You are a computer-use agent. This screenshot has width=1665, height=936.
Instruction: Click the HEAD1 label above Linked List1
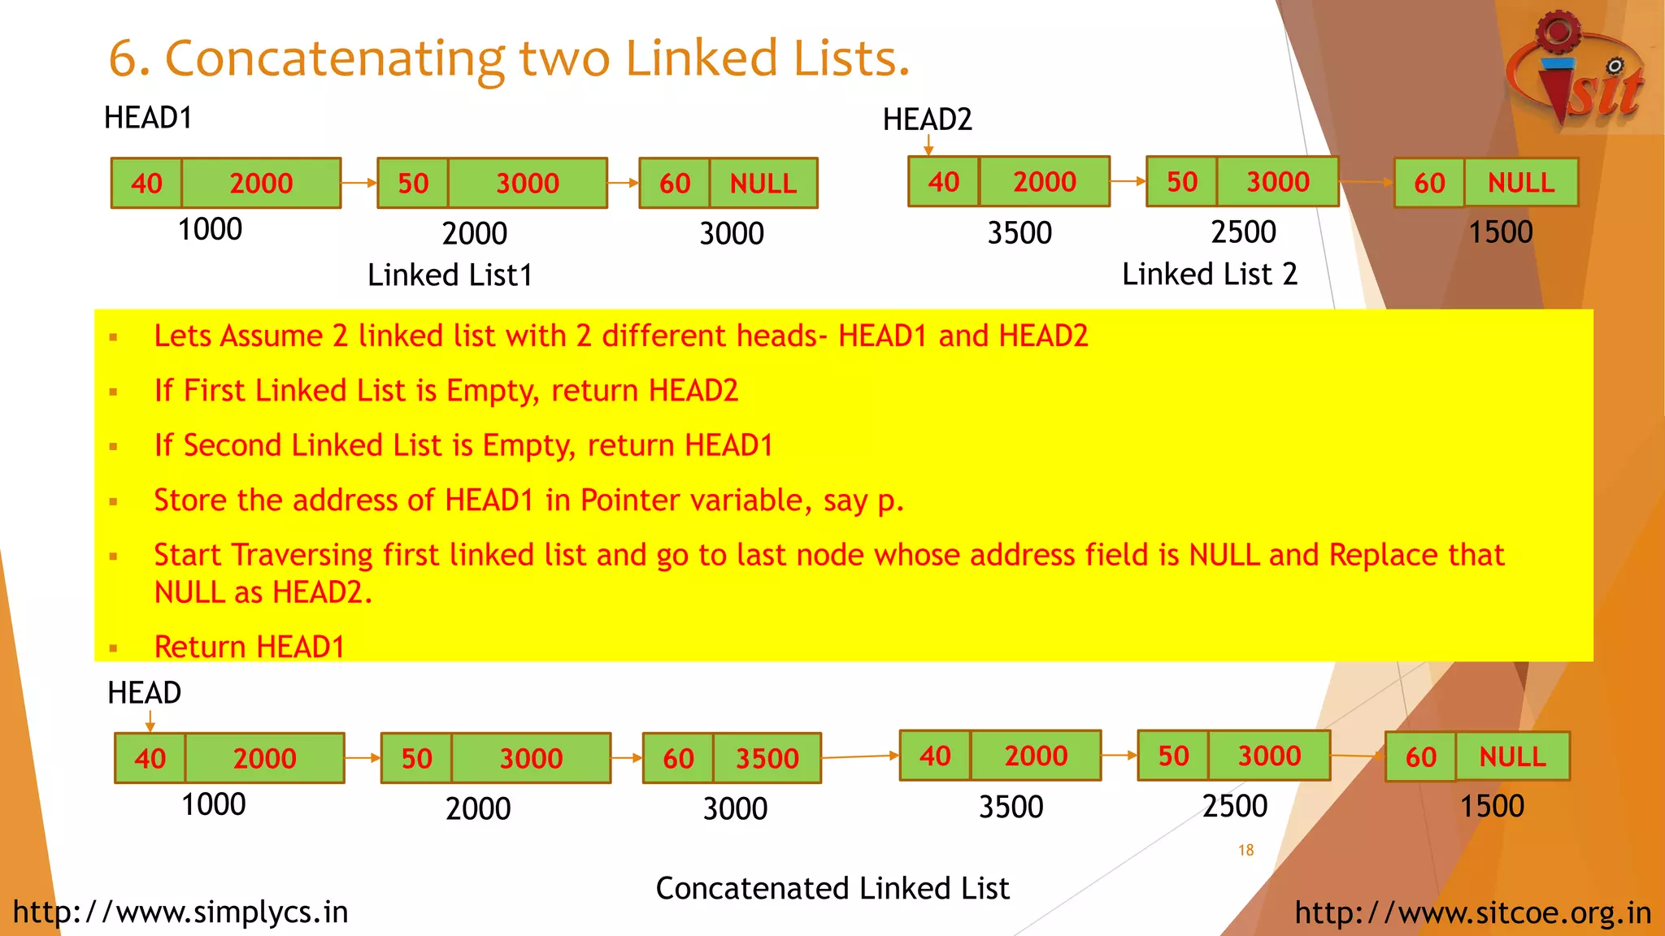click(x=148, y=119)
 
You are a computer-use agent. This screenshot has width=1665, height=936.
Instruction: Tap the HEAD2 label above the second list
click(x=927, y=120)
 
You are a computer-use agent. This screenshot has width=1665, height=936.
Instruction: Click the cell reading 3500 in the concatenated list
click(x=767, y=758)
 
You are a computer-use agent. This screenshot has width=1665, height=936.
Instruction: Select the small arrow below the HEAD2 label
click(x=928, y=145)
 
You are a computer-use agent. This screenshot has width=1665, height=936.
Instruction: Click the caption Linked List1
click(x=450, y=275)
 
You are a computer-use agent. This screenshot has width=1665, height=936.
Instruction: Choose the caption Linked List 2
click(x=1209, y=275)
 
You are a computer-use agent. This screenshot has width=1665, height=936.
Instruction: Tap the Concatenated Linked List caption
click(x=832, y=888)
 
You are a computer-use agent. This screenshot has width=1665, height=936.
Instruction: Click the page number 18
click(x=1245, y=850)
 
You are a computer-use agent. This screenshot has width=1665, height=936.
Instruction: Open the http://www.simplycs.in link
click(x=180, y=912)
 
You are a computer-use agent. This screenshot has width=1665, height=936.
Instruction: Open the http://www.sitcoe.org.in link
click(x=1472, y=912)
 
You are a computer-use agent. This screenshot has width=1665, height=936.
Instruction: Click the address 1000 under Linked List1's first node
click(x=210, y=230)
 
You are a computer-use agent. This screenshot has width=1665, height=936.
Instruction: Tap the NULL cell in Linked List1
click(x=763, y=184)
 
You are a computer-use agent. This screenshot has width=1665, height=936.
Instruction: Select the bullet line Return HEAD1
click(x=249, y=647)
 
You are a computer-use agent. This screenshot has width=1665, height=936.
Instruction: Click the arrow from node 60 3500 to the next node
click(x=860, y=756)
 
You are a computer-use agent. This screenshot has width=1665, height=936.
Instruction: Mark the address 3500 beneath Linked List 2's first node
click(x=1019, y=233)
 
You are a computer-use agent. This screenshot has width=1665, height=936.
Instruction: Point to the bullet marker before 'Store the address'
click(x=113, y=502)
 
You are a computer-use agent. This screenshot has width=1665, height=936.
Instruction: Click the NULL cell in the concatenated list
click(x=1512, y=757)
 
